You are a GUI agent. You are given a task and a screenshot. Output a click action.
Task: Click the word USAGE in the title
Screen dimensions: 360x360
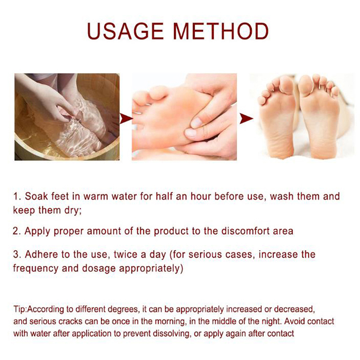pos(126,31)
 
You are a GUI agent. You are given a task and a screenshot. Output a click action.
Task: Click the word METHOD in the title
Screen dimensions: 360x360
pos(221,31)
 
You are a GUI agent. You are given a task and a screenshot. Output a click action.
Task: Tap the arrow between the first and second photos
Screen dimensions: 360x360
pos(126,118)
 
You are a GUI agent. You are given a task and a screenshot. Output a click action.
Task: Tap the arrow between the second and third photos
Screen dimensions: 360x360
pos(246,118)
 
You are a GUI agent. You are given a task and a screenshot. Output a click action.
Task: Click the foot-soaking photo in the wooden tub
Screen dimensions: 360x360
pos(67,117)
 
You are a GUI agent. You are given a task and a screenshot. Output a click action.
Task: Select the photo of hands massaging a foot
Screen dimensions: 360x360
pos(184,117)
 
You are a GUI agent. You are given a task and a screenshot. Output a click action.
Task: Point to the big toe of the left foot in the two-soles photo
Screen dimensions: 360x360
pos(286,84)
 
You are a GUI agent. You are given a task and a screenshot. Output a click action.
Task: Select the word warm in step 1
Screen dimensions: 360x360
pos(95,197)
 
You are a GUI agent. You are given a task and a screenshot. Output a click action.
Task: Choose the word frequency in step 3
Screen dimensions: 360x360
pos(36,268)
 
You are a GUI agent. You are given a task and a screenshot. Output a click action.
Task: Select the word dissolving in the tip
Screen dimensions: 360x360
pos(172,333)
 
